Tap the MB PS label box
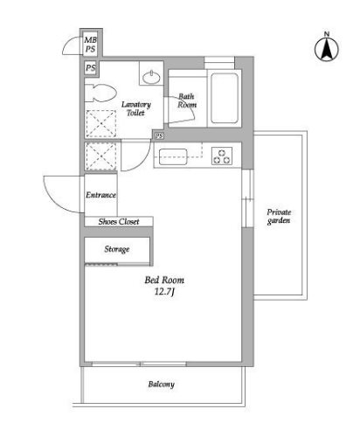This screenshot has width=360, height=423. coord(90,44)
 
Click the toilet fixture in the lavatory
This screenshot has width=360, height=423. coord(100,93)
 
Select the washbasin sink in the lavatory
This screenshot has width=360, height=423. coord(151,77)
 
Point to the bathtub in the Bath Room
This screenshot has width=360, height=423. coord(225,98)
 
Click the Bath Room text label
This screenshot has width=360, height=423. coord(187,101)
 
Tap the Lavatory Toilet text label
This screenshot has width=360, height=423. coord(136,108)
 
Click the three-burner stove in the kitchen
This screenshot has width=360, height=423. coord(222,156)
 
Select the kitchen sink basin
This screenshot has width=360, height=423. coord(173,156)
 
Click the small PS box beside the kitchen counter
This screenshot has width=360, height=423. coord(159,135)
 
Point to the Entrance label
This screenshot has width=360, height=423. coord(100,195)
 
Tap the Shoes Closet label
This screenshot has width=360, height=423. coord(119,222)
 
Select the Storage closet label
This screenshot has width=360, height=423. coord(117,249)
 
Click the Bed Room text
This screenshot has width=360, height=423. coord(164,281)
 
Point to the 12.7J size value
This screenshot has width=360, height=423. coord(164,292)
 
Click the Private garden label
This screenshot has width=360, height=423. coord(279,216)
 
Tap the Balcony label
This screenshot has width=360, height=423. coord(162,385)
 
